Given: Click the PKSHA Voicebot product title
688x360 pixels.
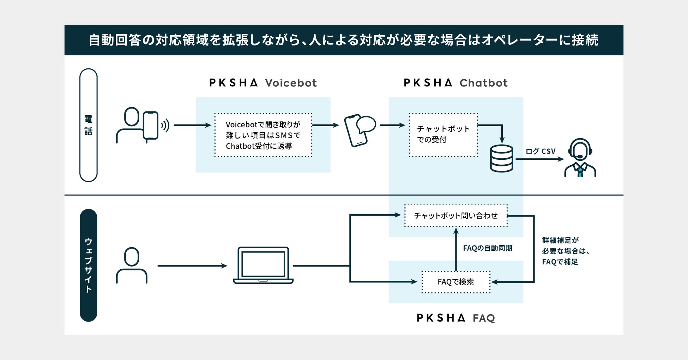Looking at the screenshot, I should (263, 83).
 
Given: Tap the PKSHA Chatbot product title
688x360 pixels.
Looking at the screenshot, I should (455, 83).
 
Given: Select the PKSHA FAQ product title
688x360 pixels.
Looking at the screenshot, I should (455, 318).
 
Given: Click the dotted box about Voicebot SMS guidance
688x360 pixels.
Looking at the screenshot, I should (263, 135).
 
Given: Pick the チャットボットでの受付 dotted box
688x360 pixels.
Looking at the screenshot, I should (443, 135).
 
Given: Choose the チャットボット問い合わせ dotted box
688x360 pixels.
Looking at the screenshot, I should (455, 215).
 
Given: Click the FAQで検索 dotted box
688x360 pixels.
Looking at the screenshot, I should (456, 282).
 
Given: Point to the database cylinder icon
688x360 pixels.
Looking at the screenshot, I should (501, 158).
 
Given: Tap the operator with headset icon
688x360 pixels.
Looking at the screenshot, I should (580, 158).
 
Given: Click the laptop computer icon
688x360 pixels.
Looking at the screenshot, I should (263, 265).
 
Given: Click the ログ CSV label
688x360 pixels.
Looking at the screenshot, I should (540, 151).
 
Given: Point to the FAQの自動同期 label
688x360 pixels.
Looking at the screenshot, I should (487, 248).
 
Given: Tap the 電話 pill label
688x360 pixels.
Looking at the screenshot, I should (88, 125).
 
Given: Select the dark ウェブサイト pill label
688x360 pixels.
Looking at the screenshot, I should (88, 265).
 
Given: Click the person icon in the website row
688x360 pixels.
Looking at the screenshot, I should (132, 265).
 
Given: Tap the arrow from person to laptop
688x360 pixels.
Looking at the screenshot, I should (192, 266).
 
